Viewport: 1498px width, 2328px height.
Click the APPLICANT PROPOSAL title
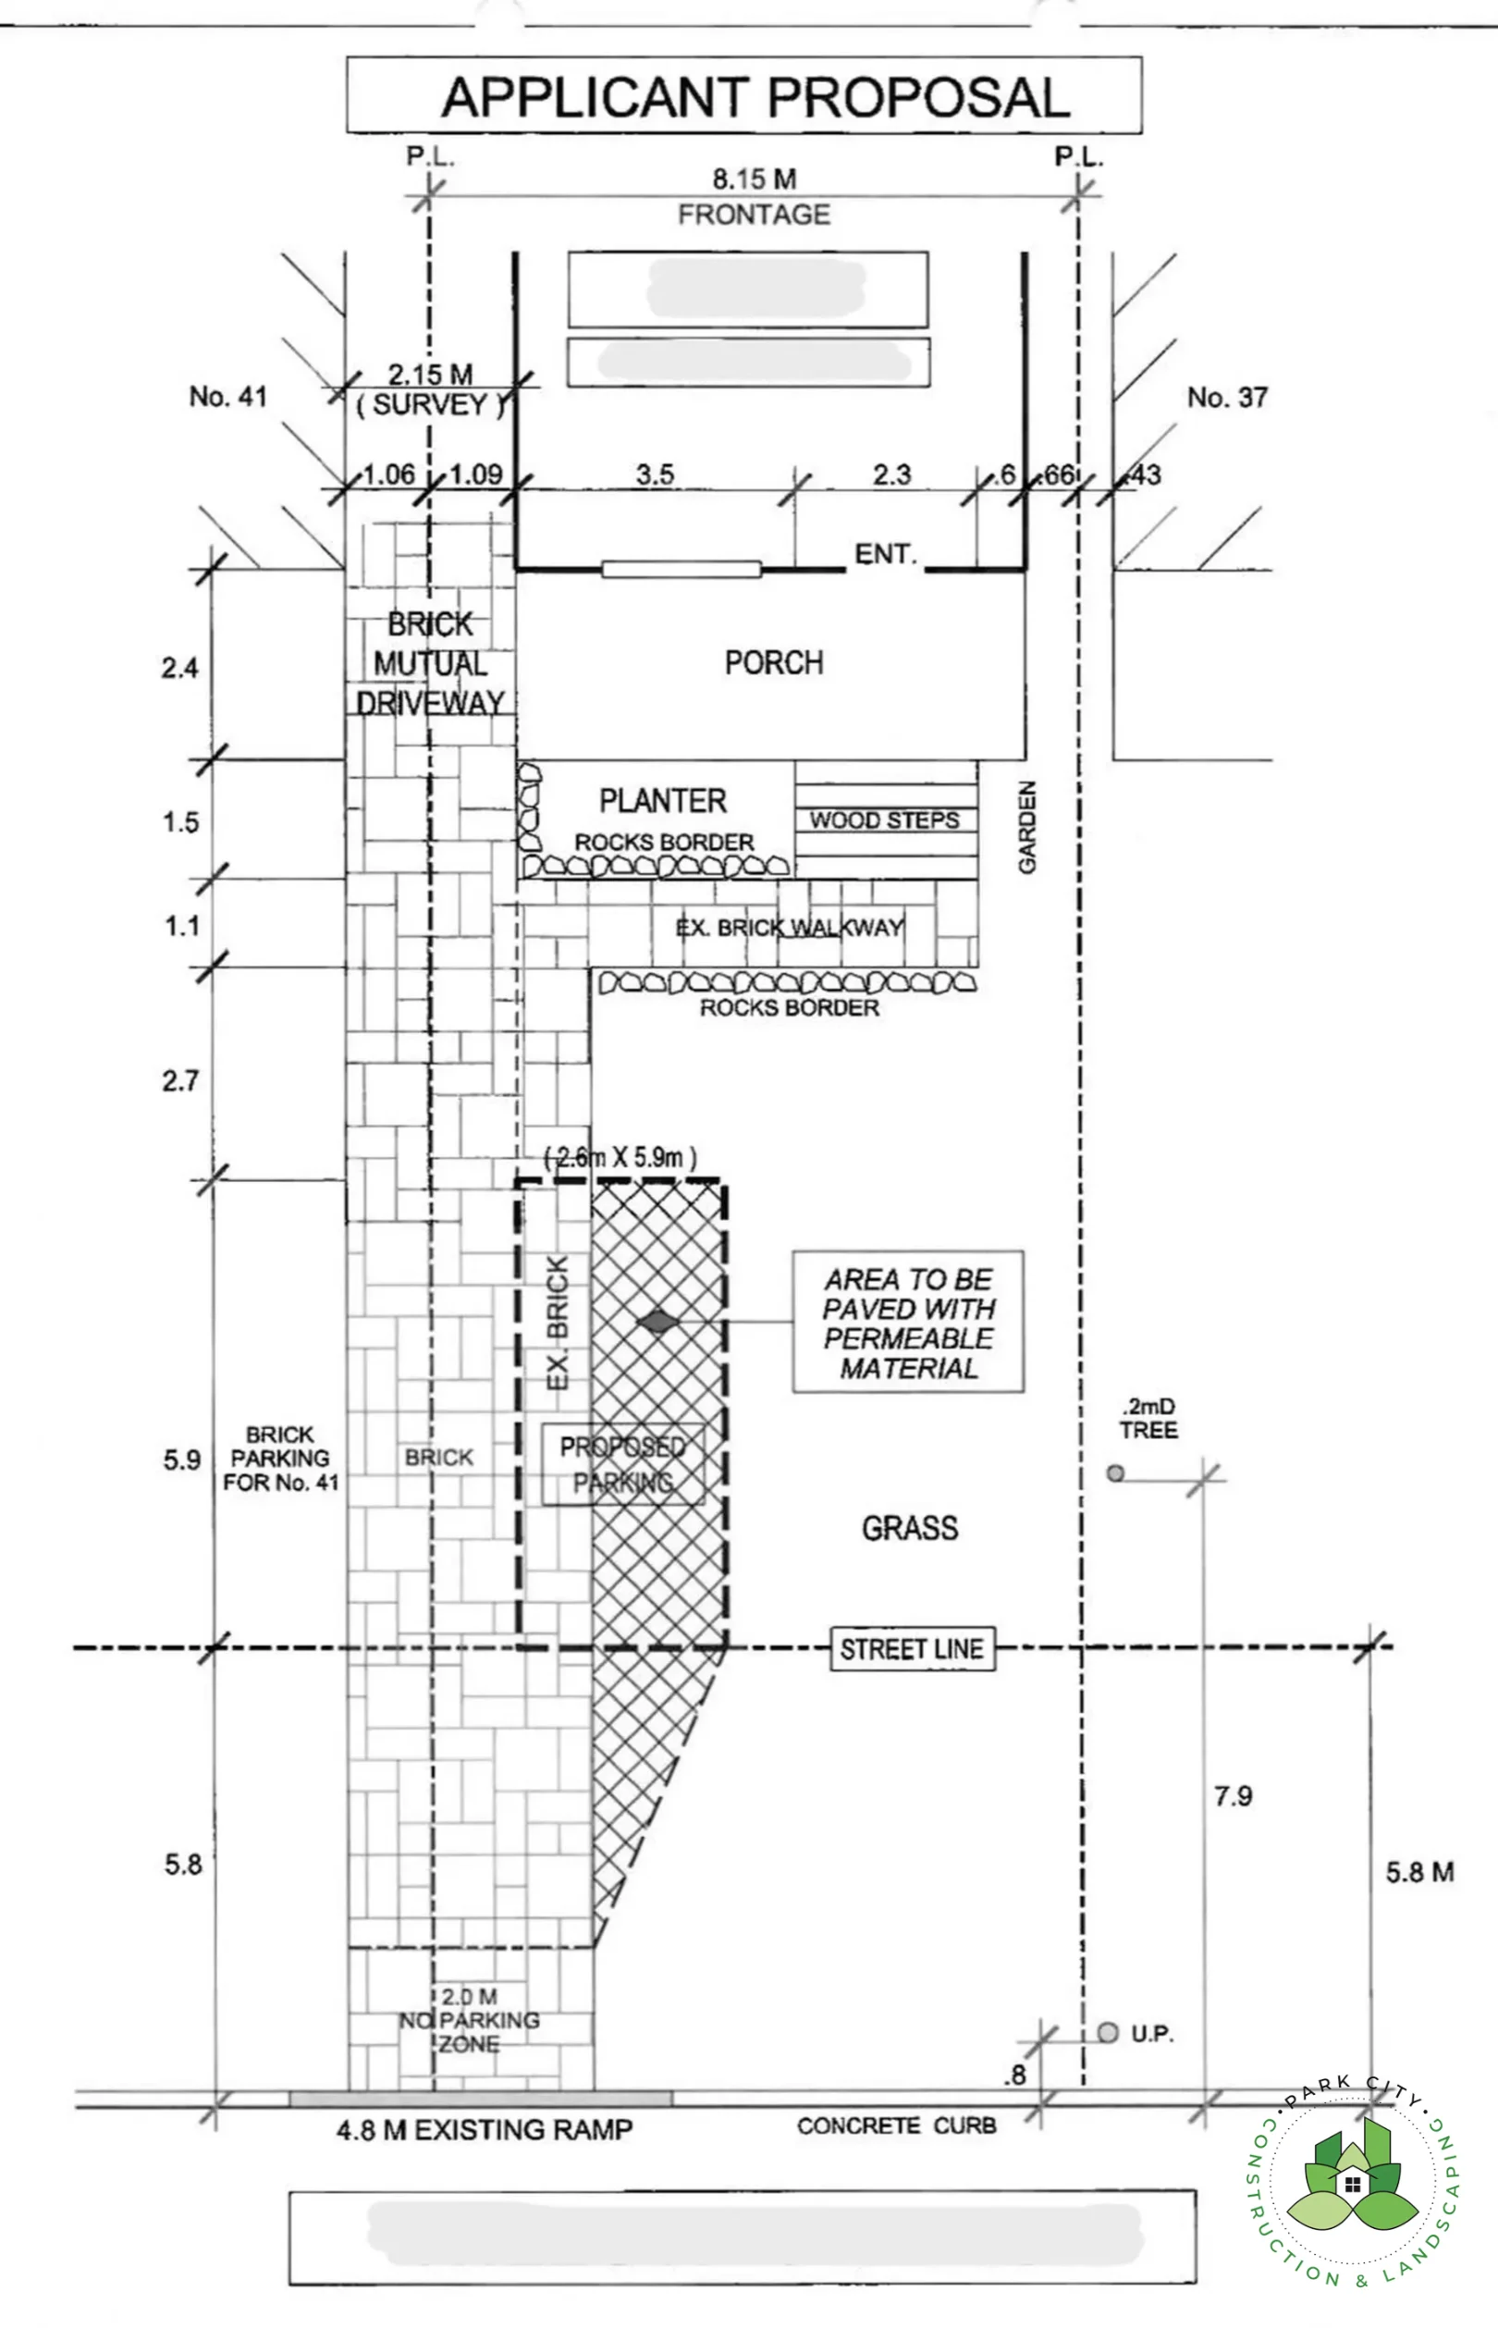click(755, 97)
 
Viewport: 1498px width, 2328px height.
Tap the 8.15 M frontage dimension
click(754, 179)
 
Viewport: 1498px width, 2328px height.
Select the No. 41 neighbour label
click(227, 397)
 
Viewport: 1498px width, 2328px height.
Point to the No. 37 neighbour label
click(1227, 397)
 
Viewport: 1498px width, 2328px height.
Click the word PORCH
click(773, 662)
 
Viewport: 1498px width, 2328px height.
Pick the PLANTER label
click(662, 801)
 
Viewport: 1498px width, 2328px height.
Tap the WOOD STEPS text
click(884, 820)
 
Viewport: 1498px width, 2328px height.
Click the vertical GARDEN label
click(1027, 826)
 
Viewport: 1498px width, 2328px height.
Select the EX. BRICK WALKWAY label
click(789, 927)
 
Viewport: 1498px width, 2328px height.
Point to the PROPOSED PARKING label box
click(622, 1464)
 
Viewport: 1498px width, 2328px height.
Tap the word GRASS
click(910, 1528)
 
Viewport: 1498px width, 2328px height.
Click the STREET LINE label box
click(912, 1649)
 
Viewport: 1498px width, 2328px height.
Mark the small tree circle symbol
click(1115, 1472)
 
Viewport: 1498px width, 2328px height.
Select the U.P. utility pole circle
click(1107, 2032)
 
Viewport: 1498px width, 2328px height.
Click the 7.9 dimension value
click(1233, 1796)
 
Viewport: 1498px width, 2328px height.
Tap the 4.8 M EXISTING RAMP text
click(485, 2130)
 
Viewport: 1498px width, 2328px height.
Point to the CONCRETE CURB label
click(896, 2126)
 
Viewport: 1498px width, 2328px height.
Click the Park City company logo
click(1352, 2183)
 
